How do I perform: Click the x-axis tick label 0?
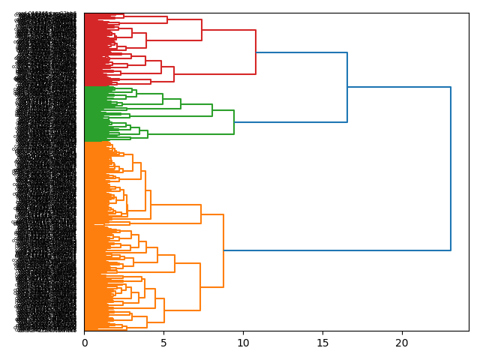coord(84,343)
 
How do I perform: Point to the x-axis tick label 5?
coord(163,343)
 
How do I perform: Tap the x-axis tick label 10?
coord(243,343)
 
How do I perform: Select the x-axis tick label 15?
coord(322,343)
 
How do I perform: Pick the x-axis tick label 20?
coord(402,343)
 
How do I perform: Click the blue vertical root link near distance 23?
coord(451,169)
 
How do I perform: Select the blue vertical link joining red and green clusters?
coord(347,87)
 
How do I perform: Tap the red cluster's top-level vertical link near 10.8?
coord(256,52)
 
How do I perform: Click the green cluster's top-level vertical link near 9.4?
coord(234,122)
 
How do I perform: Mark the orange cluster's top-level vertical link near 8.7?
coord(223,250)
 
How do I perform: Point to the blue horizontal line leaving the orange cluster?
coord(337,250)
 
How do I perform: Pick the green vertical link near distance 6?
coord(181,103)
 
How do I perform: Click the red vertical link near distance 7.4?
coord(202,30)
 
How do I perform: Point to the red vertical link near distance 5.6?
coord(174,74)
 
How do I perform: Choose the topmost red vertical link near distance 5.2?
coord(167,19)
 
